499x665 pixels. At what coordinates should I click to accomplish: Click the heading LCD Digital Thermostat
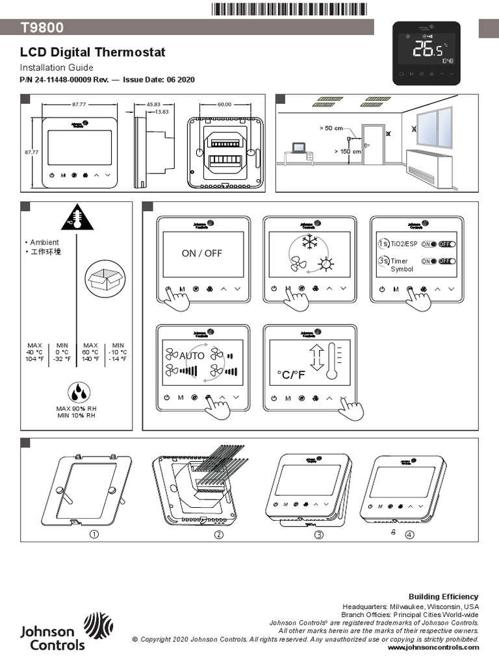[x=92, y=53]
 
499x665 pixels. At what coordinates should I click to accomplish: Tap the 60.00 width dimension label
[x=224, y=104]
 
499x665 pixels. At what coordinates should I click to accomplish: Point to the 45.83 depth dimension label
[x=153, y=104]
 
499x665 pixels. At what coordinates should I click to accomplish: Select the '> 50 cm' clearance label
[x=331, y=129]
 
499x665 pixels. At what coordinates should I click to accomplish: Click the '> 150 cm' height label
[x=347, y=151]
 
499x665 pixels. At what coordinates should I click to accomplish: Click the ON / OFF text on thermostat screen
[x=201, y=253]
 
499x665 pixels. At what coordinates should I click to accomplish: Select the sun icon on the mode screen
[x=324, y=265]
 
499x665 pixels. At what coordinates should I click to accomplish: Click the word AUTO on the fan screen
[x=192, y=356]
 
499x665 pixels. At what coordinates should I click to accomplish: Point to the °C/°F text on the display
[x=290, y=375]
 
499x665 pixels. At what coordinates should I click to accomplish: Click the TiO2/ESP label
[x=403, y=244]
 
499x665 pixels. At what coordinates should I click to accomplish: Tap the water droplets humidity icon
[x=79, y=392]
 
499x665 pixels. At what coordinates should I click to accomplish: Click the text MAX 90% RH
[x=76, y=408]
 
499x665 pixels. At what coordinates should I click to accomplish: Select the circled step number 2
[x=219, y=534]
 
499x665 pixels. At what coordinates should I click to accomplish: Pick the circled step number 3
[x=319, y=534]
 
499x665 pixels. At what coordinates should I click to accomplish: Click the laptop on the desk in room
[x=298, y=148]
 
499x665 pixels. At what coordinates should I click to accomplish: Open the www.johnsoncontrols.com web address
[x=433, y=647]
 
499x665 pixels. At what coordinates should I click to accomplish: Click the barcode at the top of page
[x=289, y=8]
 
